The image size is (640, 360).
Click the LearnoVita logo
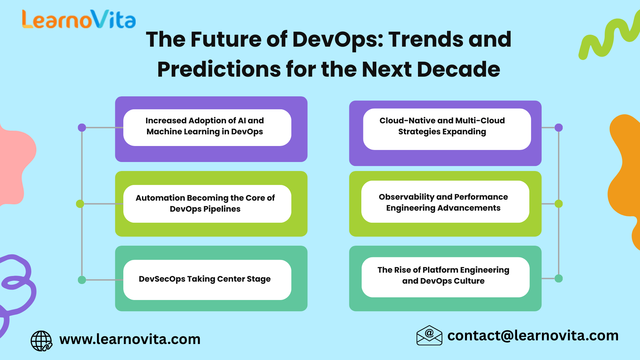tap(79, 19)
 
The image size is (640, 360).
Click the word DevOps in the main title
tap(337, 39)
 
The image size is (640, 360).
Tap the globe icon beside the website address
tap(41, 341)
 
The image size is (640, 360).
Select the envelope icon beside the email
tap(429, 335)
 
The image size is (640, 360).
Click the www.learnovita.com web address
tap(130, 339)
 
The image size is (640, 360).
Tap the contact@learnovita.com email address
tap(533, 336)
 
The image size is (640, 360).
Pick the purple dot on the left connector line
tap(82, 128)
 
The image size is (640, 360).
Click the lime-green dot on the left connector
tap(80, 204)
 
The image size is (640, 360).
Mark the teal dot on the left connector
tap(82, 280)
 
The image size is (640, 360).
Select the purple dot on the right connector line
tap(559, 128)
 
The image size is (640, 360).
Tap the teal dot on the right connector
tap(559, 279)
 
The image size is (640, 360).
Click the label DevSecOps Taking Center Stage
tap(205, 279)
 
